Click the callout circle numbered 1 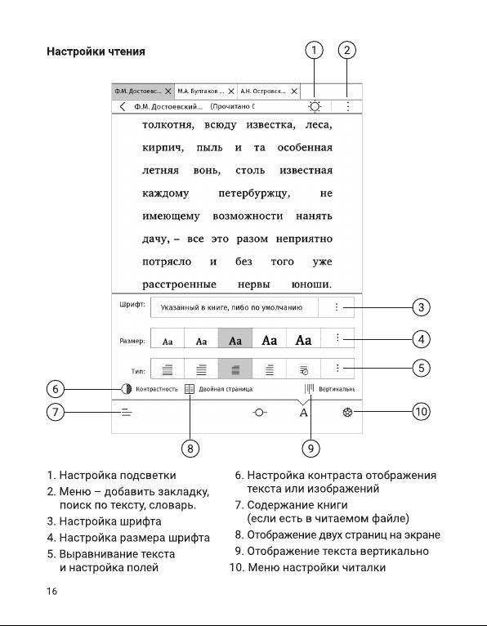[314, 51]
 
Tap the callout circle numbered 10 [421, 412]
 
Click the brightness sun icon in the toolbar [315, 106]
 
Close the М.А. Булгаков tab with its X [231, 92]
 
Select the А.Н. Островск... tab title [263, 91]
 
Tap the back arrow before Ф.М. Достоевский [123, 106]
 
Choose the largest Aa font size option [303, 340]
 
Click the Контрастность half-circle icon [127, 389]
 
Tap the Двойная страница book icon [190, 389]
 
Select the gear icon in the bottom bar [348, 412]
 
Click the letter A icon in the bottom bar [303, 413]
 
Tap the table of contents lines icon [127, 412]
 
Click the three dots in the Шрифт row [337, 307]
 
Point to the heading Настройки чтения [96, 51]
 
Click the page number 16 [52, 591]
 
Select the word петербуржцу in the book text [254, 194]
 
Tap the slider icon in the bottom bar [260, 412]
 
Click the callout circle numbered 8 [190, 449]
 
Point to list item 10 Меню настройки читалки [307, 567]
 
